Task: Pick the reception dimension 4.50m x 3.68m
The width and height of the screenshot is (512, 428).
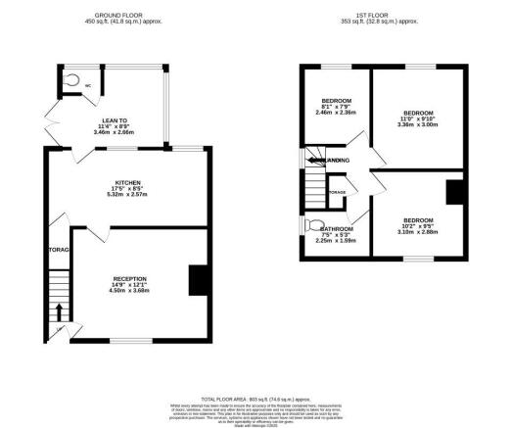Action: [129, 291]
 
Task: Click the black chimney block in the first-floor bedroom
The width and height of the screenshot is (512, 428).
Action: [454, 193]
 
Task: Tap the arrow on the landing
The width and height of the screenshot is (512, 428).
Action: [316, 161]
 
